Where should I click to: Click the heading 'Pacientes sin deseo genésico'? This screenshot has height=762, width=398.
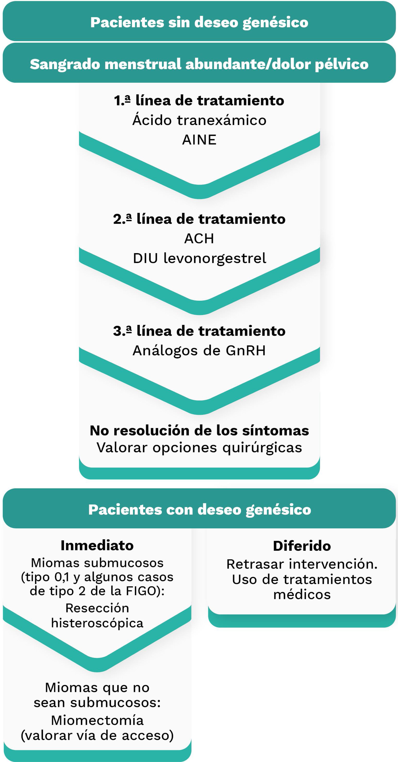tap(199, 22)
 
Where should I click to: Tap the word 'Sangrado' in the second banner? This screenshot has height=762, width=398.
tap(64, 64)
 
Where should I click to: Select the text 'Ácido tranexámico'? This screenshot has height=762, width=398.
tap(199, 120)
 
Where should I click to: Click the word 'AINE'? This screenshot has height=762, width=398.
tap(199, 140)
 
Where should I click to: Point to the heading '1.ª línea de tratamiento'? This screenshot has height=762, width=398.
tap(199, 101)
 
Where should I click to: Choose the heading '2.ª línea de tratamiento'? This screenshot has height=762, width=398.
tap(199, 219)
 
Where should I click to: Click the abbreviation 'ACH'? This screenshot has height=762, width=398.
tap(199, 238)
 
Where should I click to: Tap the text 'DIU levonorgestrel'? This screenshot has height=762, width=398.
tap(199, 258)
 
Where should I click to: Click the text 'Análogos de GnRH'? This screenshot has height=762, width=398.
tap(199, 351)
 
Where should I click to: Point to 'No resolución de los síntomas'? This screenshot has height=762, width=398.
tap(199, 430)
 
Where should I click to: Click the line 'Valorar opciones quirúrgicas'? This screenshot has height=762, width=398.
tap(199, 448)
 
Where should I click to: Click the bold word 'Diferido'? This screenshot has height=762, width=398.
tap(302, 546)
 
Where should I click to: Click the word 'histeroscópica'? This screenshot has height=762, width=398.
tap(97, 623)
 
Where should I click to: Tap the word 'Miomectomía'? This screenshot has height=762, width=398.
tap(97, 720)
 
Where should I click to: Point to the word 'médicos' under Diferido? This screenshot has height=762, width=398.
tap(302, 595)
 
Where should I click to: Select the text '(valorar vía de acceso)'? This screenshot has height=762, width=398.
tap(97, 736)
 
